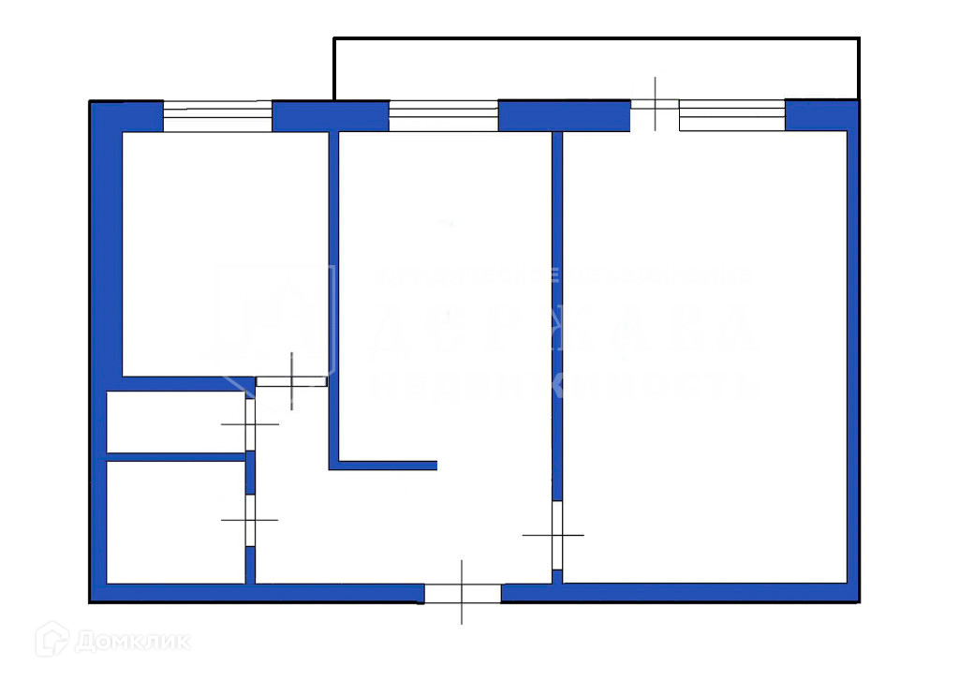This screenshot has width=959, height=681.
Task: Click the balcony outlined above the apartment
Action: [x=597, y=67]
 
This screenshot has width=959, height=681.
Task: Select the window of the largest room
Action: [x=731, y=115]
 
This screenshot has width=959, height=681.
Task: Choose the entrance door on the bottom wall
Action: [x=463, y=592]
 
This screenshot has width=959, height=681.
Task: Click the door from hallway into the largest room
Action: [x=556, y=535]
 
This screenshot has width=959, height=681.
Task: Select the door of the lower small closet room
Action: [x=250, y=519]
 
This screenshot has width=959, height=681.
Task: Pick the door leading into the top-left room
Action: [x=291, y=380]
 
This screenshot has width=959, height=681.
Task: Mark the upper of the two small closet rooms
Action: [x=175, y=422]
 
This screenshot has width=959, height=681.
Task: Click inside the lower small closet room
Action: [x=175, y=522]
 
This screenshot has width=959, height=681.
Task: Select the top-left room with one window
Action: [x=225, y=253]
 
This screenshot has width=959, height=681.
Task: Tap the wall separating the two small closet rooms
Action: [x=176, y=457]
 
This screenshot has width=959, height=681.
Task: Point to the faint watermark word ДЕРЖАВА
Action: [x=562, y=333]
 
